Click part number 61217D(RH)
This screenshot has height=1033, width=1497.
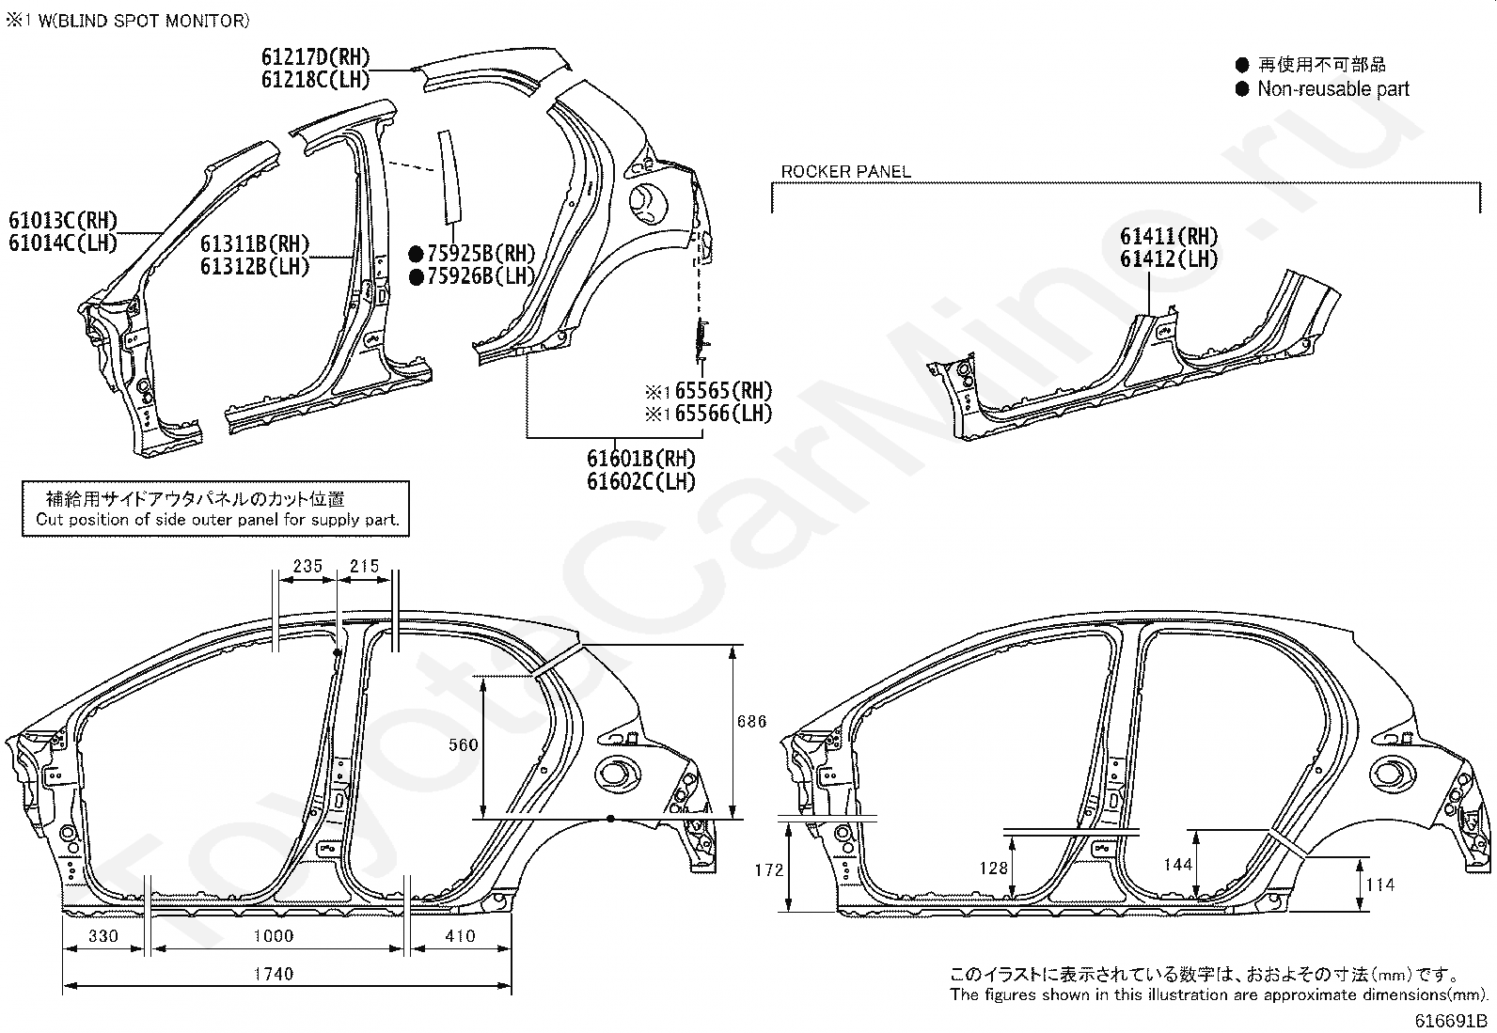[315, 57]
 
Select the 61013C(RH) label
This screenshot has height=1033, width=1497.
[63, 220]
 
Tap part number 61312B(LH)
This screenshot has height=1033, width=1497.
[255, 267]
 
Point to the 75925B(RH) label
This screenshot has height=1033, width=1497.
[481, 253]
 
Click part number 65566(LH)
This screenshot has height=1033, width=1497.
[723, 414]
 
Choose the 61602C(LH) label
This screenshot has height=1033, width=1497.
[641, 481]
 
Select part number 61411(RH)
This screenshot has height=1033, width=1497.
[1169, 236]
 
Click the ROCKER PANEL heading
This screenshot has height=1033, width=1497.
[845, 172]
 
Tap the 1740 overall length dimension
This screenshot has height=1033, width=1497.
[274, 974]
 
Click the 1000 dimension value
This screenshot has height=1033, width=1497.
[274, 935]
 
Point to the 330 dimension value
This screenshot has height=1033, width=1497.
[103, 935]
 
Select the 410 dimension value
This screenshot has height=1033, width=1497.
[461, 935]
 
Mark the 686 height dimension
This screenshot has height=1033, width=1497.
[752, 721]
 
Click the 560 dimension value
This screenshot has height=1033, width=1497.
[464, 744]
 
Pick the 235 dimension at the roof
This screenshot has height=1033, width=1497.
[308, 566]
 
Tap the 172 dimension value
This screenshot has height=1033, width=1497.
[769, 869]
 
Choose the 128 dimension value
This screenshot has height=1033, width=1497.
[994, 868]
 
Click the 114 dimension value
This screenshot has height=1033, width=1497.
[1380, 884]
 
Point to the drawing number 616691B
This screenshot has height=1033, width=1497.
[1450, 1021]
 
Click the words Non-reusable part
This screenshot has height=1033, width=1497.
[1333, 88]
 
